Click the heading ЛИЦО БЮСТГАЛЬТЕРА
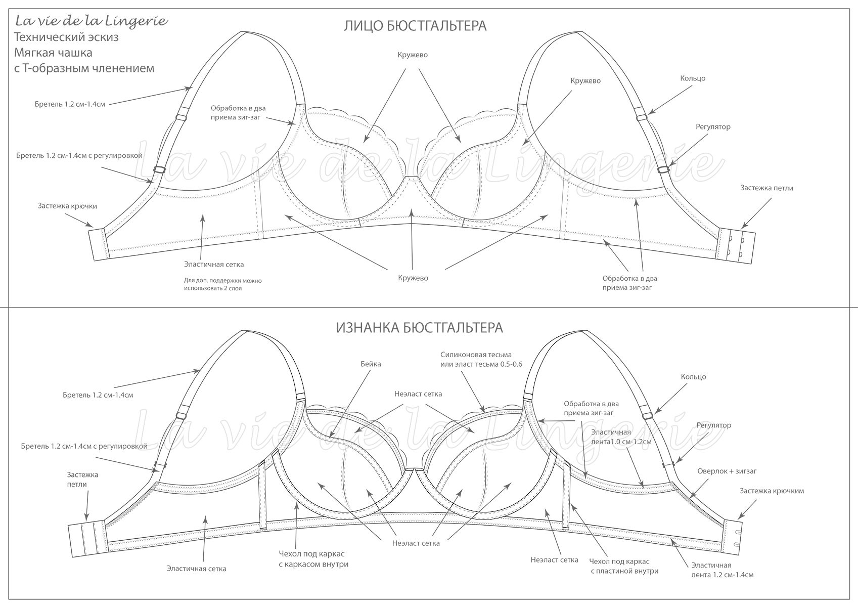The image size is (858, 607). tap(415, 26)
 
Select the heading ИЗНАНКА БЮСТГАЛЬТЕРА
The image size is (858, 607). tap(419, 328)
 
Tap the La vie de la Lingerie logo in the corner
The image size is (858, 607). tap(91, 21)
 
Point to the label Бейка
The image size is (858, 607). tap(371, 364)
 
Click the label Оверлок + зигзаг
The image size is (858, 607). tap(727, 471)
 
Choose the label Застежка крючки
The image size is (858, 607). tap(67, 206)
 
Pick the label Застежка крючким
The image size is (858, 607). tap(772, 491)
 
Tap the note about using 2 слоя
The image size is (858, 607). tap(222, 284)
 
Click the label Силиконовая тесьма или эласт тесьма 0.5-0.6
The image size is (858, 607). tap(480, 359)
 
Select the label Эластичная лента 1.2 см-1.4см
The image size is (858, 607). tap(722, 570)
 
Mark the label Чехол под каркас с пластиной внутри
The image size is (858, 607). tap(624, 566)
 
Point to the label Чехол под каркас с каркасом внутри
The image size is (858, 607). tap(313, 559)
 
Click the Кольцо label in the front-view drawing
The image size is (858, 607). tap(693, 78)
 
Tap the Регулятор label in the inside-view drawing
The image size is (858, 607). tap(713, 425)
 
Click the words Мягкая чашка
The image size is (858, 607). tap(53, 53)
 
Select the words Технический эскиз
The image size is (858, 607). tap(66, 37)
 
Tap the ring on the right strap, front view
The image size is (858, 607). tap(642, 117)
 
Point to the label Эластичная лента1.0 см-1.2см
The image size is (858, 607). tap(621, 437)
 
